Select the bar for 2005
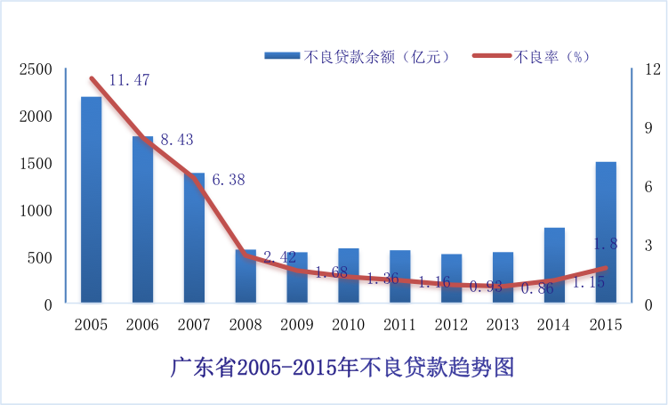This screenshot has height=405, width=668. tap(91, 200)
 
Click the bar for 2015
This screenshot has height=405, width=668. tap(605, 233)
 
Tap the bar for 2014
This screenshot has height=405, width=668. tap(554, 266)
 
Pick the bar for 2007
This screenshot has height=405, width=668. tap(194, 239)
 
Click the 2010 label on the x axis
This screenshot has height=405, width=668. tap(348, 325)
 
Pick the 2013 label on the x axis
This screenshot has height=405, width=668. tap(503, 325)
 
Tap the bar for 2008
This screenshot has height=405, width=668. tap(245, 277)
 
